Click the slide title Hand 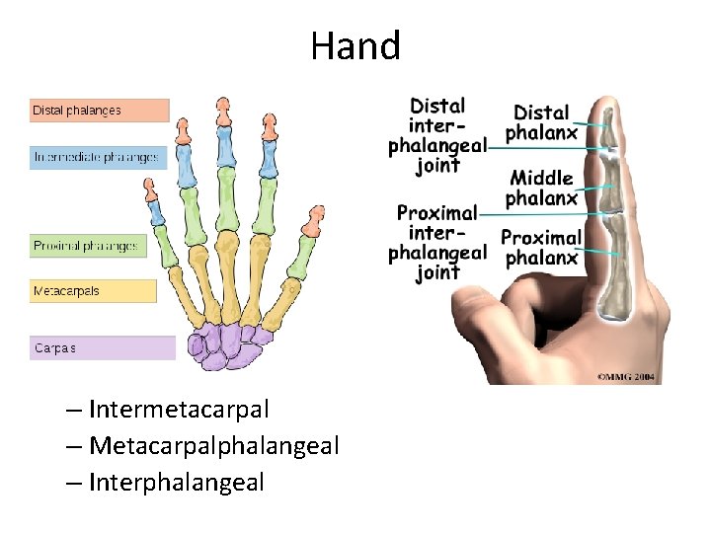coord(355,46)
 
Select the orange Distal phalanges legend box coord(99,111)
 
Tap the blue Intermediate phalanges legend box coord(99,157)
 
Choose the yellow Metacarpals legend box coord(93,291)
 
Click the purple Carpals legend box coord(102,347)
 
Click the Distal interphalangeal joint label coord(437,136)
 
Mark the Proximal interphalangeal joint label coord(437,242)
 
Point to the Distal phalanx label coord(542,122)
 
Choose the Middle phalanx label coord(541,189)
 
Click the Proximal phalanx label coord(540,248)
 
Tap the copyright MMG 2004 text coord(627,376)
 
